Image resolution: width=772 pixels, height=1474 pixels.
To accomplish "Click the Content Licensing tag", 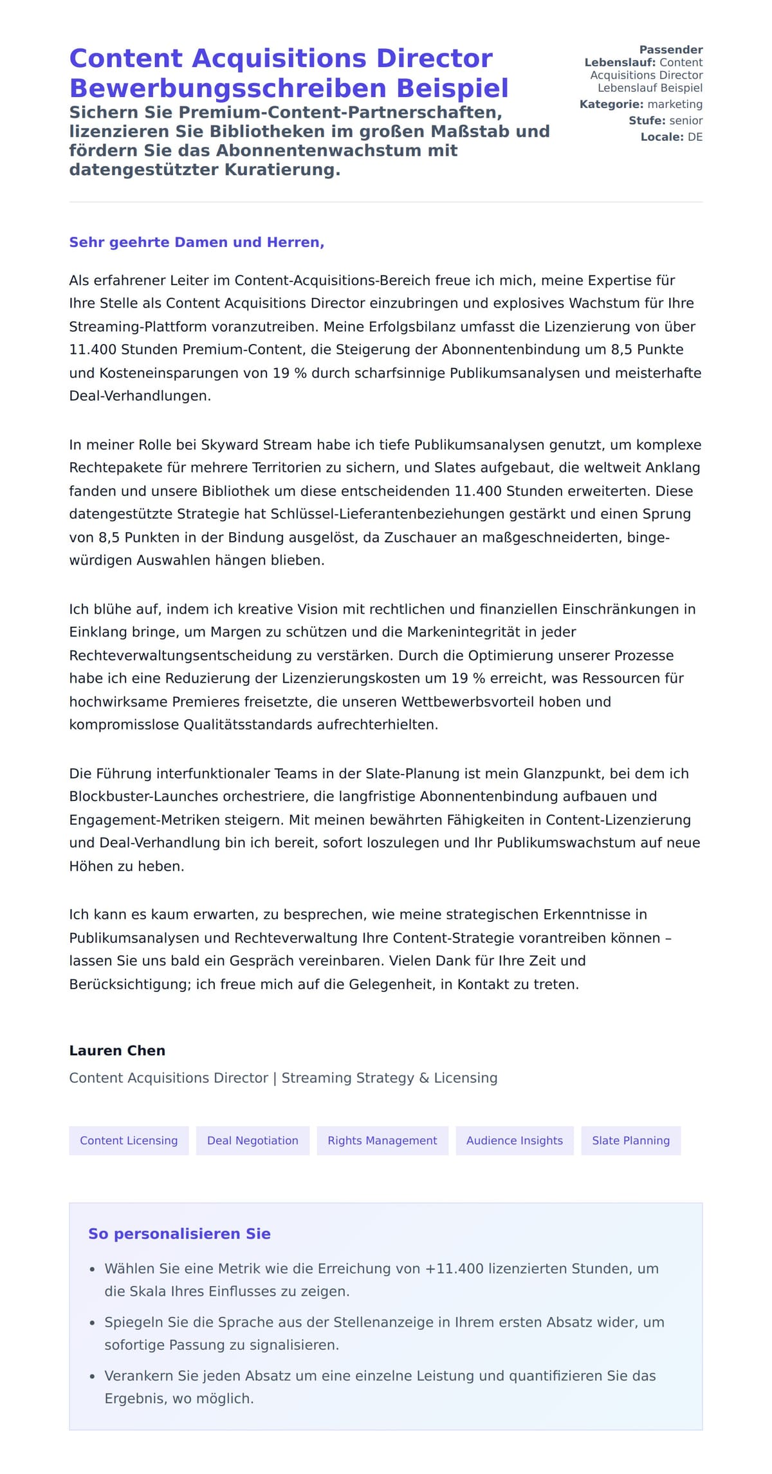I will point(129,1141).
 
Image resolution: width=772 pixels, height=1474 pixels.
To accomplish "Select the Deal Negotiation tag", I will point(252,1141).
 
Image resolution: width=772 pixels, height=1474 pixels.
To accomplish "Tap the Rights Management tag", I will point(382,1141).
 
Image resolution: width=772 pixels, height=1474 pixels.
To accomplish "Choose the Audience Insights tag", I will point(514,1141).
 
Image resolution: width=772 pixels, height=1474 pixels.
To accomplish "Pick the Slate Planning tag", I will point(630,1141).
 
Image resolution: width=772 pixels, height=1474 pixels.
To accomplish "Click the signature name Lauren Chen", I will point(117,1051).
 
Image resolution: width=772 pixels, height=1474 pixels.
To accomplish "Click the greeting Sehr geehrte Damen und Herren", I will point(196,243).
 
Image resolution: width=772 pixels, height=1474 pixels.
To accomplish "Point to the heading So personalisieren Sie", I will point(179,1234).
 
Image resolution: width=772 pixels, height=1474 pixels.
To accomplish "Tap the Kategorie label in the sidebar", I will point(611,104).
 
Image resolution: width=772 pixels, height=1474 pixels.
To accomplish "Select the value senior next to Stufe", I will point(686,120).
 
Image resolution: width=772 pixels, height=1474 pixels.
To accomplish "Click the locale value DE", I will point(695,137).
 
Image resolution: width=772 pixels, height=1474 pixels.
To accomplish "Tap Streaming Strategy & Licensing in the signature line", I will point(389,1078).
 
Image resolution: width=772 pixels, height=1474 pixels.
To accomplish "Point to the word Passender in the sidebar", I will point(670,50).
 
